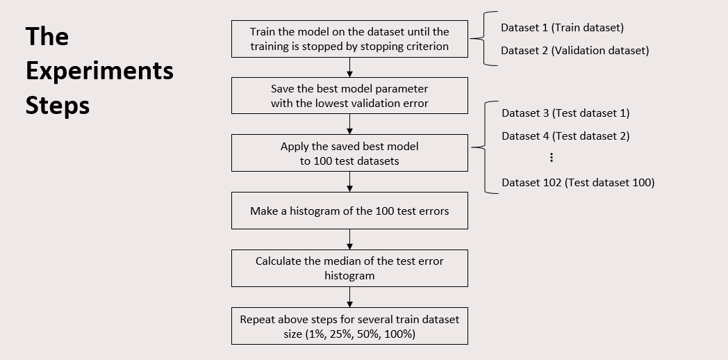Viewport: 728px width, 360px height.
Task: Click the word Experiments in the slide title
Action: (99, 72)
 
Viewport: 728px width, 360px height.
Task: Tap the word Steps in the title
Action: (58, 106)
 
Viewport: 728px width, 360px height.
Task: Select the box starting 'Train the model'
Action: (349, 39)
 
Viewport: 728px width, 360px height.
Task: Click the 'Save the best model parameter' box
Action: (349, 96)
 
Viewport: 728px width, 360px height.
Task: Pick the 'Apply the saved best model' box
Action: (349, 154)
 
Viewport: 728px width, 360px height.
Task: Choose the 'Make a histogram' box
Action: (349, 211)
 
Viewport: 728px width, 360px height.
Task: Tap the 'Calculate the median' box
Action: (349, 268)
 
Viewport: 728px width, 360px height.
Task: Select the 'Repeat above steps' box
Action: (349, 326)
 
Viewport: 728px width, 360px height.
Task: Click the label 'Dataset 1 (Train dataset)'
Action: (562, 28)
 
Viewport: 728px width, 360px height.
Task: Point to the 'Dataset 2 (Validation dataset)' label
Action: (574, 51)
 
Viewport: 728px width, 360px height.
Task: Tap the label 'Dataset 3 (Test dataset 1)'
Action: (565, 113)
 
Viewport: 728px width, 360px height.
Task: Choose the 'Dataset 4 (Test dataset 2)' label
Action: (565, 136)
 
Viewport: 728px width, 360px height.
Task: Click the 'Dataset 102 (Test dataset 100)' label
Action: (578, 183)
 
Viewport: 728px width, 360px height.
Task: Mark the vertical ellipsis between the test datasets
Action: (551, 158)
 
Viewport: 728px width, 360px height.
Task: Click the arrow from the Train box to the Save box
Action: (349, 67)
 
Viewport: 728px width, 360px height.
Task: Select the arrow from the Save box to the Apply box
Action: (349, 124)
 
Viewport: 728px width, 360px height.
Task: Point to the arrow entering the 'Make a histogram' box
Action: (349, 181)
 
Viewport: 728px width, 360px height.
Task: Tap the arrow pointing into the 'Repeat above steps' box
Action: (349, 297)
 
